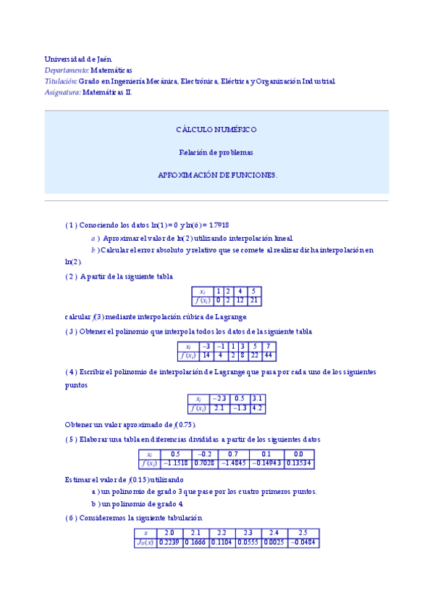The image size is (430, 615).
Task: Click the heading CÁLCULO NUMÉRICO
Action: pyautogui.click(x=216, y=130)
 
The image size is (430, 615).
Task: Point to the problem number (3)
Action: pyautogui.click(x=71, y=332)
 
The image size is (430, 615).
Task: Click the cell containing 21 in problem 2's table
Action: pyautogui.click(x=253, y=301)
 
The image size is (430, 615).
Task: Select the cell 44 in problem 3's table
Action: pyautogui.click(x=268, y=356)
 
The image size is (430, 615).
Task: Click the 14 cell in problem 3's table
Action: pyautogui.click(x=206, y=356)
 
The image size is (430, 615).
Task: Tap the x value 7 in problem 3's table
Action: pyautogui.click(x=268, y=347)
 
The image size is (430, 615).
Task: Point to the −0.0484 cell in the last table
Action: pyautogui.click(x=303, y=542)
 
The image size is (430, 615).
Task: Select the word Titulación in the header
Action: pyautogui.click(x=60, y=82)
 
